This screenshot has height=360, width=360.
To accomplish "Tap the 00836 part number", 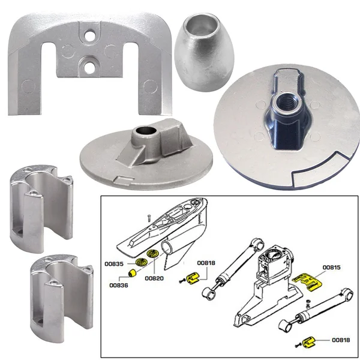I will pos(119,286).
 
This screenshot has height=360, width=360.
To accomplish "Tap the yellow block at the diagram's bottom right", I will pos(310,342).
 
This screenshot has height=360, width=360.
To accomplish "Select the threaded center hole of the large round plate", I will pos(282,103).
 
